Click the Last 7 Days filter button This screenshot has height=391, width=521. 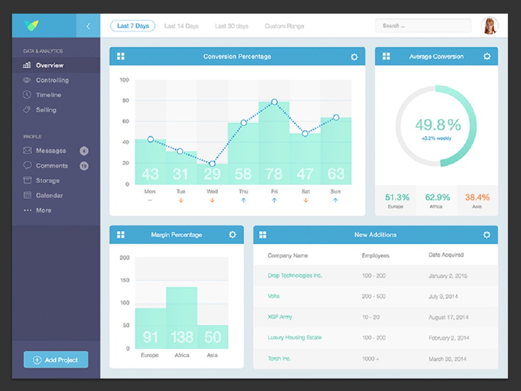tap(133, 26)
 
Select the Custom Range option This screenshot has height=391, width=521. tap(284, 26)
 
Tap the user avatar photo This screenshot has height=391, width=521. tap(490, 26)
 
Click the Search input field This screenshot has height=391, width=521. tap(423, 26)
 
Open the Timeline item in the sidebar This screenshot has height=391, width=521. tap(48, 95)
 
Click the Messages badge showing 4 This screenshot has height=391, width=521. tap(84, 151)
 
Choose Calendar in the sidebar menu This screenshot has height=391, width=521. tap(49, 195)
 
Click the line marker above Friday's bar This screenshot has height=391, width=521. tap(275, 102)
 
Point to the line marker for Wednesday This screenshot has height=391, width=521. tap(212, 164)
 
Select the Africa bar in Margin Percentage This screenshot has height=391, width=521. tap(181, 318)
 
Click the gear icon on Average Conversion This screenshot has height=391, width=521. tap(487, 56)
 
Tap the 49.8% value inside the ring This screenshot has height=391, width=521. tap(438, 125)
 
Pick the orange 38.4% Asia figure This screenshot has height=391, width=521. tap(477, 198)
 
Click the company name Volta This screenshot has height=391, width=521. tap(274, 296)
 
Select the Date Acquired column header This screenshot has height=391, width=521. tap(446, 255)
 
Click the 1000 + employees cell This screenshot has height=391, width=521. tap(370, 359)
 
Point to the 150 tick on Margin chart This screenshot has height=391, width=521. tap(125, 280)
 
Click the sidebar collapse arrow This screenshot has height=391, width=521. tap(88, 26)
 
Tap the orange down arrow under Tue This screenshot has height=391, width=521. tap(181, 200)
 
